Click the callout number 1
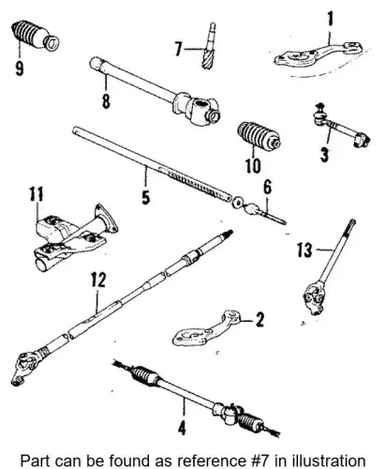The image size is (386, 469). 330,19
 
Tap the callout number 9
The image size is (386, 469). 20,68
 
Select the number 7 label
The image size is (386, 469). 178,49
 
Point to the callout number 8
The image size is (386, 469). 106,100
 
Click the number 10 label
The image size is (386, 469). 253,165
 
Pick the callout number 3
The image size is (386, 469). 324,155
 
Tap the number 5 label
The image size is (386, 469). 146,197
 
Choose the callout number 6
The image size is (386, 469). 268,188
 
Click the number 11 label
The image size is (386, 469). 37,194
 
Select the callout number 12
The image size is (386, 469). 98,280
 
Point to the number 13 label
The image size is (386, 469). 304,250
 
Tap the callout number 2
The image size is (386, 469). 260,320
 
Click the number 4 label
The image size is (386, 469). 182,428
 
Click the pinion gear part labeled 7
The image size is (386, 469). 209,46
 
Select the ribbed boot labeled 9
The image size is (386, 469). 35,36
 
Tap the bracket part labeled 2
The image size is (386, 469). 206,330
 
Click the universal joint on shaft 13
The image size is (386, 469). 313,298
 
